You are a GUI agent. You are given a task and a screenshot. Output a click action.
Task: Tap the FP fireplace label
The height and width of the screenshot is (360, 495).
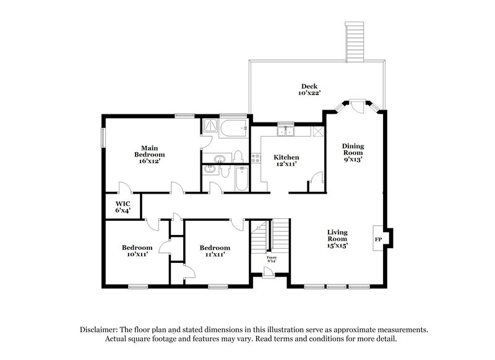377,239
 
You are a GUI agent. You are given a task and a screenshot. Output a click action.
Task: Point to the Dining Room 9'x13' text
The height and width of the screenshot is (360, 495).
353,152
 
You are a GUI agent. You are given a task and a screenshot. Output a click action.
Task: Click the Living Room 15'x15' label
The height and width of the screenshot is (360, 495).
337,239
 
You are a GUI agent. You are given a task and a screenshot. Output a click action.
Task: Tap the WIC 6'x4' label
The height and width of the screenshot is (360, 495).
122,206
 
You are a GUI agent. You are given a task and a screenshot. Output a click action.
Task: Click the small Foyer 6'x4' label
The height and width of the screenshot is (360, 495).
272,259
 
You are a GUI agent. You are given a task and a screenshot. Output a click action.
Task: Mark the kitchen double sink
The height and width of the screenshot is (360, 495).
285,131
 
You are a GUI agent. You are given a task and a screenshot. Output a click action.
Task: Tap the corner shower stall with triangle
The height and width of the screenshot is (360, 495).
210,126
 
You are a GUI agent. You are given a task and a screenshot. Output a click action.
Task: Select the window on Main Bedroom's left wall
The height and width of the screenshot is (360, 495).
103,138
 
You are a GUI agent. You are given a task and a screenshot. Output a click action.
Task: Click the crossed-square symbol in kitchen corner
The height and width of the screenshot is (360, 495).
318,131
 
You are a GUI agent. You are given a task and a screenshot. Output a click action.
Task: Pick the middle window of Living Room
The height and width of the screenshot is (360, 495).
336,286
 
